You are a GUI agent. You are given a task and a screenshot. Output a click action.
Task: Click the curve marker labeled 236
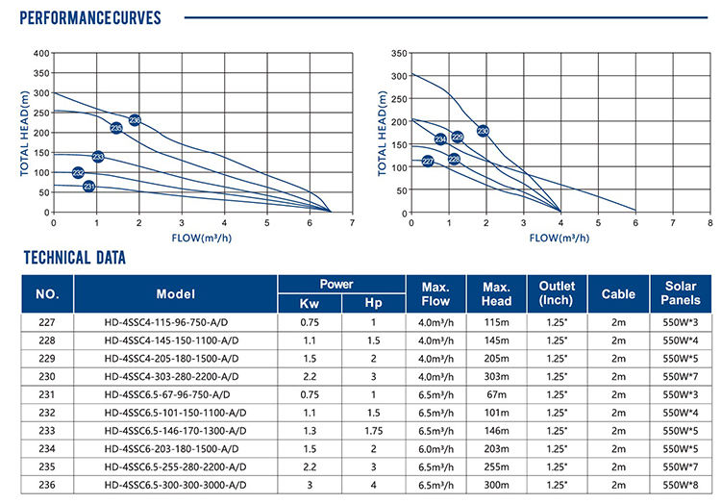(x=135, y=120)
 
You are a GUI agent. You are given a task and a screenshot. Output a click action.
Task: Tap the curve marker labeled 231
(x=89, y=186)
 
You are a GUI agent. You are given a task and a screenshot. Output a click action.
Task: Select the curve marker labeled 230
(x=483, y=131)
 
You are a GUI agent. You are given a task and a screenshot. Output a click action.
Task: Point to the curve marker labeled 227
(x=428, y=162)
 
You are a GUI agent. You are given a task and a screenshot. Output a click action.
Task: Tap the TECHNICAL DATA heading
(x=73, y=258)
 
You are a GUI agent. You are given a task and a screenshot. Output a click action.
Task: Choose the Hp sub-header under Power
(x=374, y=303)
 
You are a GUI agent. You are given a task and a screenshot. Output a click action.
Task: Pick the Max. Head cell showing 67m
(x=496, y=394)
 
